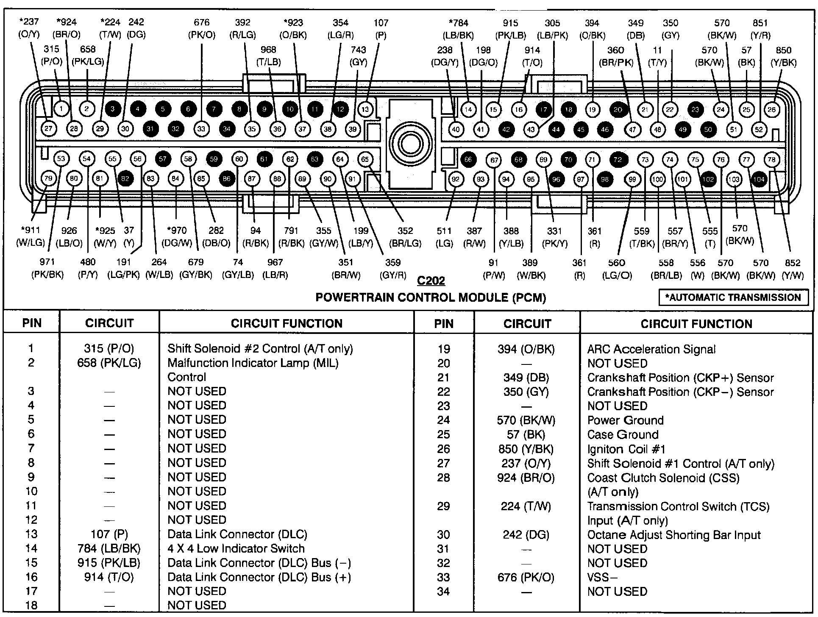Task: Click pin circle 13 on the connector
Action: click(365, 109)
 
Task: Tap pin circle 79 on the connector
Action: click(49, 178)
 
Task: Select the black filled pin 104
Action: click(759, 179)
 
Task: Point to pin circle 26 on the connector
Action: click(772, 110)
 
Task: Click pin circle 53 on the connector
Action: click(61, 158)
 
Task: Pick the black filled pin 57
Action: click(163, 159)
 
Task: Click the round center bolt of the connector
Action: click(410, 144)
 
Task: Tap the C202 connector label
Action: click(431, 281)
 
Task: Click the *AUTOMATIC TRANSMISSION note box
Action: click(733, 297)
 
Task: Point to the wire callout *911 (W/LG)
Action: click(31, 236)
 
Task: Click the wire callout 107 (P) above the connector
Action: click(381, 29)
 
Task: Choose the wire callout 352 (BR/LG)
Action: click(405, 237)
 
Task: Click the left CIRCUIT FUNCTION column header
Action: click(287, 323)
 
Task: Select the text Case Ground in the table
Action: click(623, 434)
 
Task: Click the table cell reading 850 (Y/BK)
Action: click(526, 449)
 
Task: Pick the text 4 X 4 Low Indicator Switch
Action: click(236, 548)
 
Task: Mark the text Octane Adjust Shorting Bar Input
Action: click(674, 535)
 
